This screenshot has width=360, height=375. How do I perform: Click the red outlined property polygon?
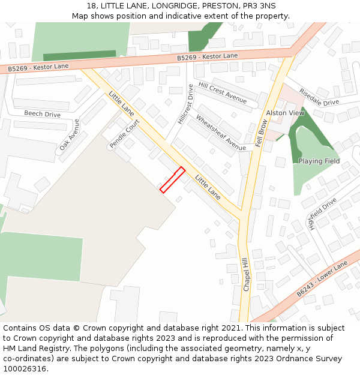click(x=172, y=179)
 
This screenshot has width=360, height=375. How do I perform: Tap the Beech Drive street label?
click(x=42, y=114)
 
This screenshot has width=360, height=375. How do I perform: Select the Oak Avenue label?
click(x=69, y=134)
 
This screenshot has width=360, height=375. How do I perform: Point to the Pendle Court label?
click(x=124, y=134)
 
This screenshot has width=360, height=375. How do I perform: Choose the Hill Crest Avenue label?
click(x=222, y=93)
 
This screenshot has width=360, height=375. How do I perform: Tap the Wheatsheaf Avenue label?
click(x=220, y=133)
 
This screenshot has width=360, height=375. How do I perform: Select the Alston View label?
click(x=285, y=113)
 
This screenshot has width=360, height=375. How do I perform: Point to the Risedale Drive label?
click(x=319, y=98)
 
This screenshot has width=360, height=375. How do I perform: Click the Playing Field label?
click(x=319, y=161)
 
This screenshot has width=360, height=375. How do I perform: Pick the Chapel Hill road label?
click(x=245, y=275)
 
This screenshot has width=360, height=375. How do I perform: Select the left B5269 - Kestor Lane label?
click(x=38, y=67)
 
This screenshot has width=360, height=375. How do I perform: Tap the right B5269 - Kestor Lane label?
click(x=208, y=56)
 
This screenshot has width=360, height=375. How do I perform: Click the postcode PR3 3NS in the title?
click(x=259, y=6)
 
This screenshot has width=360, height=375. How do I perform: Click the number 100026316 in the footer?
click(x=25, y=369)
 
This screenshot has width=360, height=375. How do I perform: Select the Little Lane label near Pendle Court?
click(x=122, y=103)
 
